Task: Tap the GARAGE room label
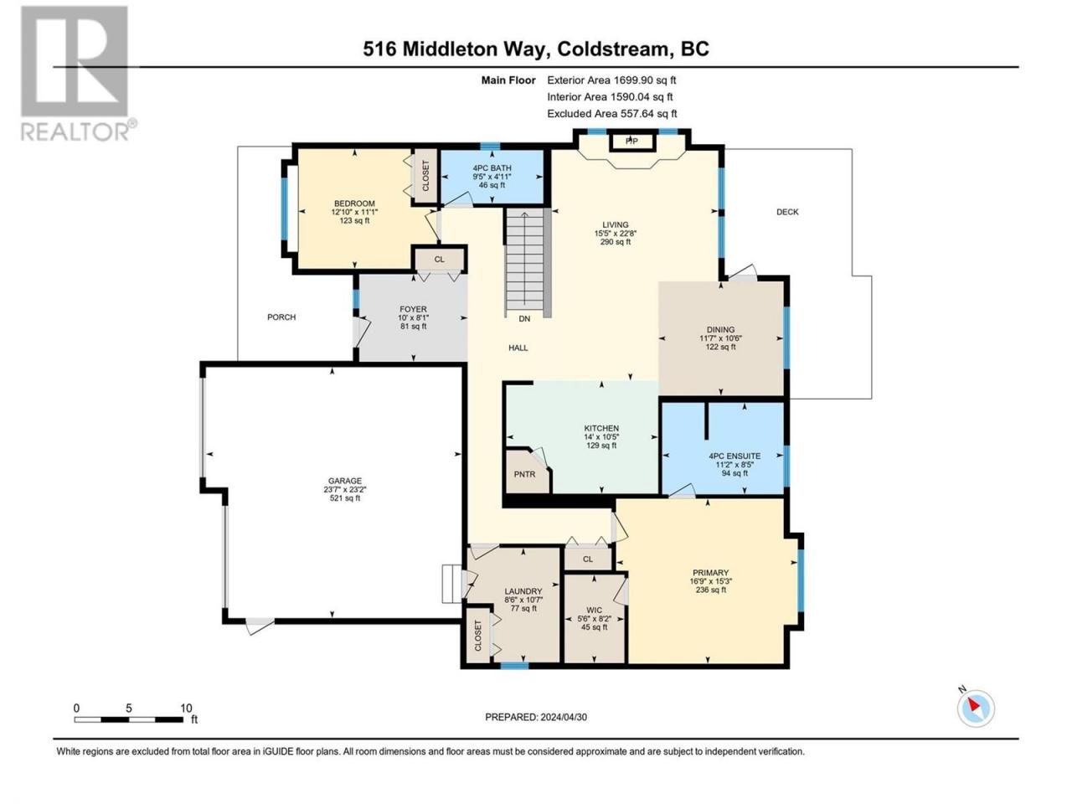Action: [x=344, y=481]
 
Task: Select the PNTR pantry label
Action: [x=524, y=474]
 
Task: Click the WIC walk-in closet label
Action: [x=594, y=610]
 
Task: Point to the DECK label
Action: [x=787, y=212]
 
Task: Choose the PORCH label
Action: [x=281, y=317]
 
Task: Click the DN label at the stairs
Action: [x=524, y=319]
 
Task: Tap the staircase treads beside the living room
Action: [x=524, y=263]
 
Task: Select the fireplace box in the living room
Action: [x=631, y=141]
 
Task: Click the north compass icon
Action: [x=976, y=708]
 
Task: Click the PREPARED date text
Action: [x=536, y=717]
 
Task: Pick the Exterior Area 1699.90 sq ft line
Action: [x=611, y=80]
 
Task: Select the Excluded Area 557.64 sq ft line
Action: [x=612, y=114]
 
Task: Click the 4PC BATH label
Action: [x=492, y=168]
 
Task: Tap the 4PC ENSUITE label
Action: [x=734, y=456]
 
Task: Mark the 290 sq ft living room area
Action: [x=616, y=242]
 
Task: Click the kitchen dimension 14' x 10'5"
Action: [x=601, y=437]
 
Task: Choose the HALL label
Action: [x=518, y=348]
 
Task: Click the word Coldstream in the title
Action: [x=612, y=49]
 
